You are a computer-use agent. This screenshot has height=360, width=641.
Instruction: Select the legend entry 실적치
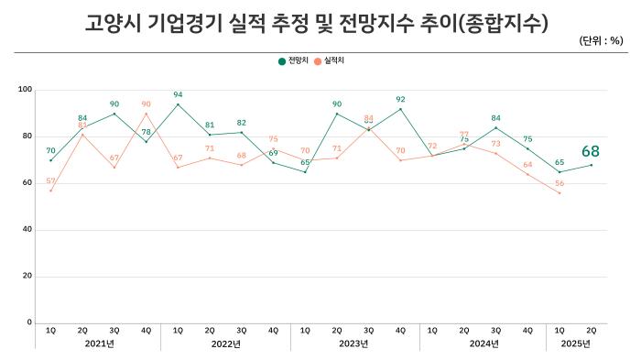(x=332, y=60)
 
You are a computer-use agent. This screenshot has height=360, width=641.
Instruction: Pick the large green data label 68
(x=592, y=151)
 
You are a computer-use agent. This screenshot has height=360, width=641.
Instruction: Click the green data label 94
(x=178, y=94)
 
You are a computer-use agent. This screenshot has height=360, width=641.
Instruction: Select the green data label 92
(x=400, y=99)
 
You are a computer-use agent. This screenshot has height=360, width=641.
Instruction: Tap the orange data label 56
(x=559, y=183)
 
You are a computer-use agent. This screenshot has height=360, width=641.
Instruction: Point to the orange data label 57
(x=51, y=180)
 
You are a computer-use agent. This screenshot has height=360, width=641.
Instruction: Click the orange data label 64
(x=527, y=165)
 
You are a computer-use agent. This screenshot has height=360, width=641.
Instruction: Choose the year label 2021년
(x=98, y=344)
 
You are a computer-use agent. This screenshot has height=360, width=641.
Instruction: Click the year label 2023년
(x=353, y=344)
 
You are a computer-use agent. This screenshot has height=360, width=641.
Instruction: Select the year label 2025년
(x=575, y=344)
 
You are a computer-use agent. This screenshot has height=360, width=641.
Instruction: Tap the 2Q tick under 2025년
(x=591, y=329)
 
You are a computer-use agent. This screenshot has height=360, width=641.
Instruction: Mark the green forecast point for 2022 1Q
(x=178, y=104)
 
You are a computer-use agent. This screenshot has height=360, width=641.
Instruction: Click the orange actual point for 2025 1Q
(x=560, y=192)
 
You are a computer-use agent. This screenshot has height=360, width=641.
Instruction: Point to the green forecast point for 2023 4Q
(x=400, y=109)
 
